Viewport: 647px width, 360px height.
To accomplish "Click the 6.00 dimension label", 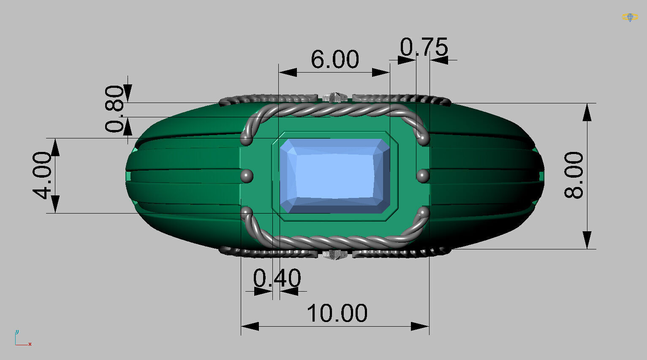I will click(x=334, y=60).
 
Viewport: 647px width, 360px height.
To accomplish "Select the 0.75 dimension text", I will click(x=424, y=47).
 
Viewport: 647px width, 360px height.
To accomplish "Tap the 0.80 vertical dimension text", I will click(x=114, y=109).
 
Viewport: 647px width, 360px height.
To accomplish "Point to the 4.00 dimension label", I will click(x=43, y=175).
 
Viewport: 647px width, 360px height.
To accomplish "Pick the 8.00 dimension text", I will click(x=574, y=175).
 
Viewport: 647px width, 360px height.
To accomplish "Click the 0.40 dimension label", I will click(x=277, y=278).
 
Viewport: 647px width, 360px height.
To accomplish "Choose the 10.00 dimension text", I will click(x=337, y=313).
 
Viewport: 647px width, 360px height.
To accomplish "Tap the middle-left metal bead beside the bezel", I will click(x=246, y=175).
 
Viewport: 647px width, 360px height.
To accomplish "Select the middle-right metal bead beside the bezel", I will click(x=423, y=175).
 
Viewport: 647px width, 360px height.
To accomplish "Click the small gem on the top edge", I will click(x=335, y=97).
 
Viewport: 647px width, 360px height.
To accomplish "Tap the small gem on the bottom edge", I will click(x=335, y=254).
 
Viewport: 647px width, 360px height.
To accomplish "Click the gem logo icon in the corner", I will click(x=630, y=17).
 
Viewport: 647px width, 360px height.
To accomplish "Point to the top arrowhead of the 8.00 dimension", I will click(x=587, y=112).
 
